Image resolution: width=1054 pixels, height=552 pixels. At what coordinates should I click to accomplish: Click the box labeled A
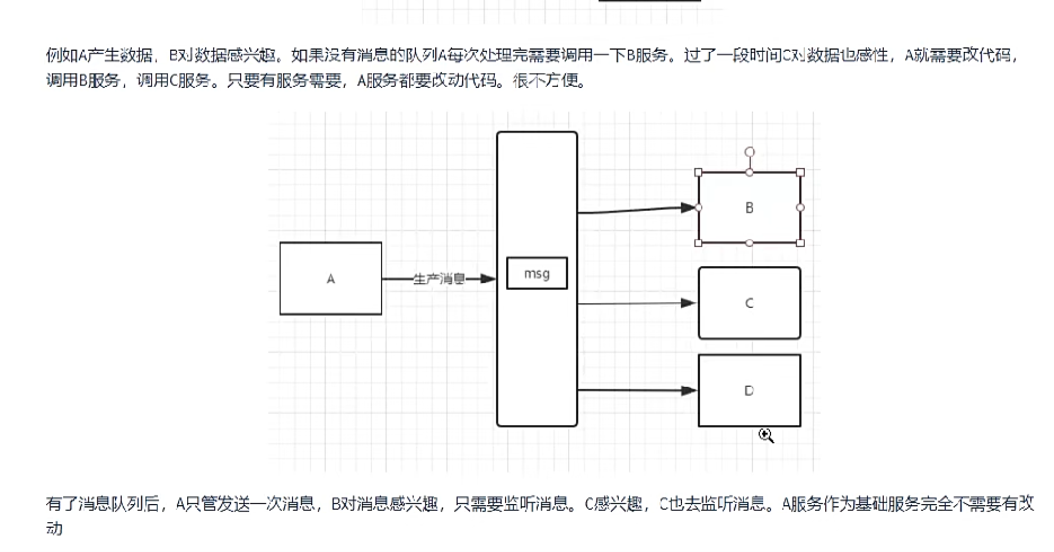[x=330, y=279]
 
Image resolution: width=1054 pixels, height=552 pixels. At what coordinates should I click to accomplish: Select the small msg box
[x=537, y=273]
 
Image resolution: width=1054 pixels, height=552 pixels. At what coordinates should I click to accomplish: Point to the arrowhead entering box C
[x=688, y=303]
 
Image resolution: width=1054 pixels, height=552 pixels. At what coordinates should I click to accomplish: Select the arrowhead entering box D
[x=688, y=390]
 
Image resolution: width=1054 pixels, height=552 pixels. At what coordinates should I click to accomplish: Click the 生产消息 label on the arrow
[x=439, y=279]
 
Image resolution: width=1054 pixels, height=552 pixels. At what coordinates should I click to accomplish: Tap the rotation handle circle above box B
[x=749, y=152]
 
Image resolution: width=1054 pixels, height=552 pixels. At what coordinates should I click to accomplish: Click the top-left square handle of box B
[x=699, y=173]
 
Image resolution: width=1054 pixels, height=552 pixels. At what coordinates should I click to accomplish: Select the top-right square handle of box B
[x=800, y=173]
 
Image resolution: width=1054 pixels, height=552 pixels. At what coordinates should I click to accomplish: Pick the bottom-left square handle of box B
[x=699, y=243]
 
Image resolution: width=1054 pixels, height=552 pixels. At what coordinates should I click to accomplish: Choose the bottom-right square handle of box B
[x=800, y=243]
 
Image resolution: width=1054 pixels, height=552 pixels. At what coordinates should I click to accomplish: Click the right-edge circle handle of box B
[x=800, y=207]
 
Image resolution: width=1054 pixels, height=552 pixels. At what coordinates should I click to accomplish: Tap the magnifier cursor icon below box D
[x=765, y=435]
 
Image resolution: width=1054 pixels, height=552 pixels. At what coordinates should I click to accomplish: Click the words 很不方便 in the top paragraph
[x=549, y=81]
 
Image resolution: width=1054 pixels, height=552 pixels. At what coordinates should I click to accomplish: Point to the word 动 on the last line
[x=54, y=528]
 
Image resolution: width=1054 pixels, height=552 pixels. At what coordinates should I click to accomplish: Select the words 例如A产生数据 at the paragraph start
[x=99, y=55]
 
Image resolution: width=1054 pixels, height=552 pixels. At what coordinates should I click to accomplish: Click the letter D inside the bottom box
[x=749, y=391]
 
